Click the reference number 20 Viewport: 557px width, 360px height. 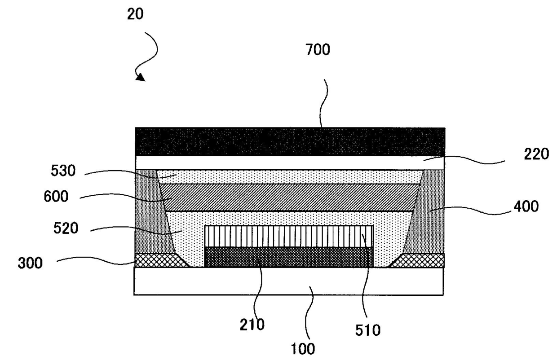click(x=135, y=14)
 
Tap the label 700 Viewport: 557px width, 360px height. click(x=318, y=50)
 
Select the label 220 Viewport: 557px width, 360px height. click(x=536, y=154)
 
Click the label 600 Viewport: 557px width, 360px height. click(x=56, y=197)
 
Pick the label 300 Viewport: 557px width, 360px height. click(x=31, y=263)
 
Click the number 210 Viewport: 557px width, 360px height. click(x=252, y=324)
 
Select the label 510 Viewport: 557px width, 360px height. click(x=368, y=330)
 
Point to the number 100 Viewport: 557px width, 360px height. click(x=303, y=348)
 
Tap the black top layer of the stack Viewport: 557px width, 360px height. click(x=290, y=141)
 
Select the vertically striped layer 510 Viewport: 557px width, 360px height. click(x=289, y=236)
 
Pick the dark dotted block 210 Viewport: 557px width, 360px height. click(x=289, y=257)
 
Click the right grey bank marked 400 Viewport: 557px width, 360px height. click(x=427, y=211)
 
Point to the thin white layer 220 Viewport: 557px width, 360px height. click(x=290, y=162)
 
